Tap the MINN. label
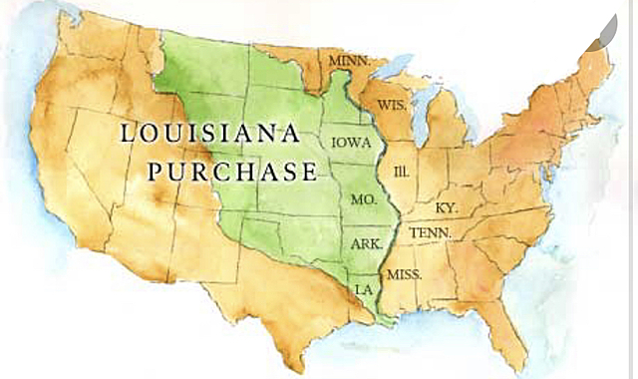pos(350,61)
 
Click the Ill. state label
pos(403,171)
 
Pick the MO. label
pos(364,200)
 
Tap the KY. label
pos(448,207)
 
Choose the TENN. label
pos(431,232)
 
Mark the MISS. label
pos(404,273)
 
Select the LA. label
pos(365,288)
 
